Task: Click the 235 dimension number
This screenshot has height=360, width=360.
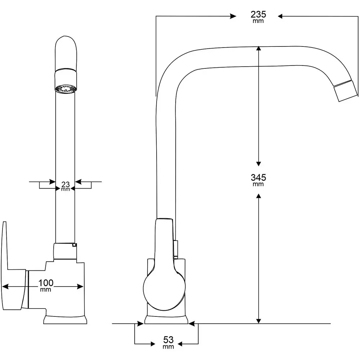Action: [258, 14]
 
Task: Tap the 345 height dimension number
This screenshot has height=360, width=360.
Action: [258, 177]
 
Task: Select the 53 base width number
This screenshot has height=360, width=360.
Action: [168, 339]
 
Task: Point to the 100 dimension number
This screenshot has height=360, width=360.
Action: [46, 283]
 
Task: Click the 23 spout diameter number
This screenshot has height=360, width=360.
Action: [66, 184]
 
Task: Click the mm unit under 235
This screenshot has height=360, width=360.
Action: [258, 21]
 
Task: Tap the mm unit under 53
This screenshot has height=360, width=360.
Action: [168, 347]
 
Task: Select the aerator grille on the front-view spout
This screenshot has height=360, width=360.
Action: [66, 89]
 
